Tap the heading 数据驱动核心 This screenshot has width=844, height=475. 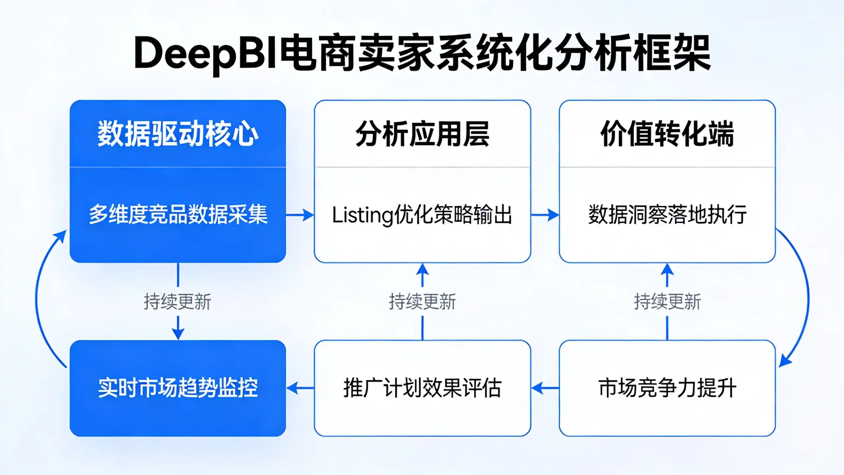[178, 134]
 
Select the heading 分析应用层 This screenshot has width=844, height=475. [422, 134]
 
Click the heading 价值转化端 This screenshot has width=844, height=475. [667, 134]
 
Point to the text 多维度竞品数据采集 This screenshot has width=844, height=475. [178, 215]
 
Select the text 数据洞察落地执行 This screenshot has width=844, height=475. [667, 215]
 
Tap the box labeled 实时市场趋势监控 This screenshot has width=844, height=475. [178, 388]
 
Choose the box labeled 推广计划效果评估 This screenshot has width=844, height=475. [422, 388]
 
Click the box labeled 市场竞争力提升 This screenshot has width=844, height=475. [667, 388]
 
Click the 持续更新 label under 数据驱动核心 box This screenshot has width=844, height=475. [177, 301]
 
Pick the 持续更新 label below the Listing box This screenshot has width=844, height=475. [422, 301]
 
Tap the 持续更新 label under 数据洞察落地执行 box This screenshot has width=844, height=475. [667, 301]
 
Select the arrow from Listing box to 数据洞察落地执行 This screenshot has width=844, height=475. [545, 215]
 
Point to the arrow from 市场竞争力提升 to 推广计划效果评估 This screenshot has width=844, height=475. [545, 388]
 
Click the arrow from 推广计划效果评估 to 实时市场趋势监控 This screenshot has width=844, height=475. [300, 388]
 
